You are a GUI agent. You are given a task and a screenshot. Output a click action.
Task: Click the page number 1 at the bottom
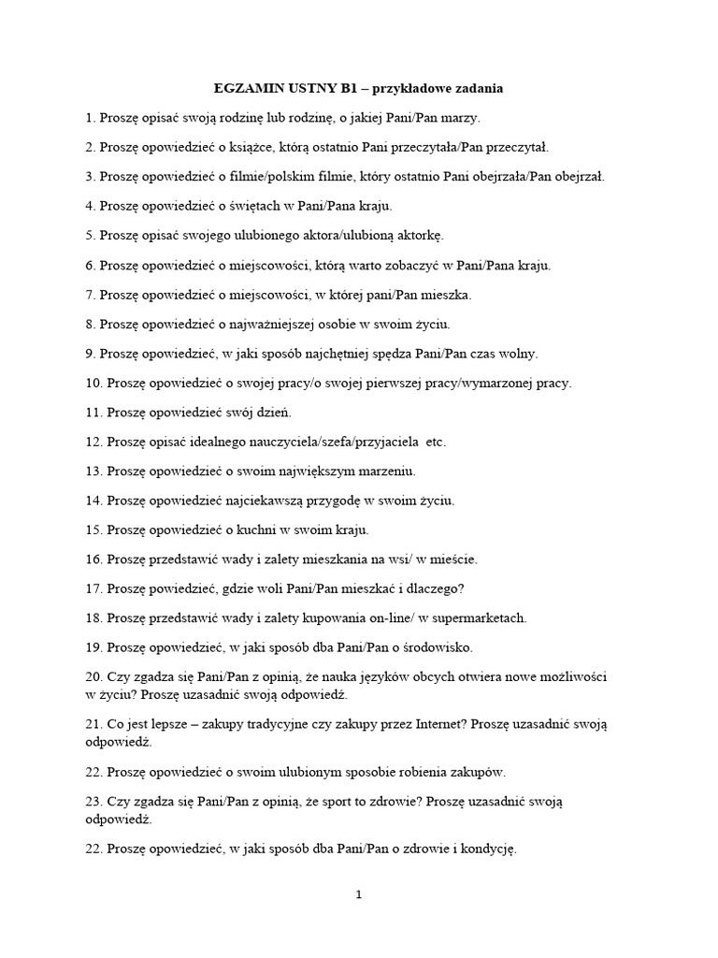pos(358,895)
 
